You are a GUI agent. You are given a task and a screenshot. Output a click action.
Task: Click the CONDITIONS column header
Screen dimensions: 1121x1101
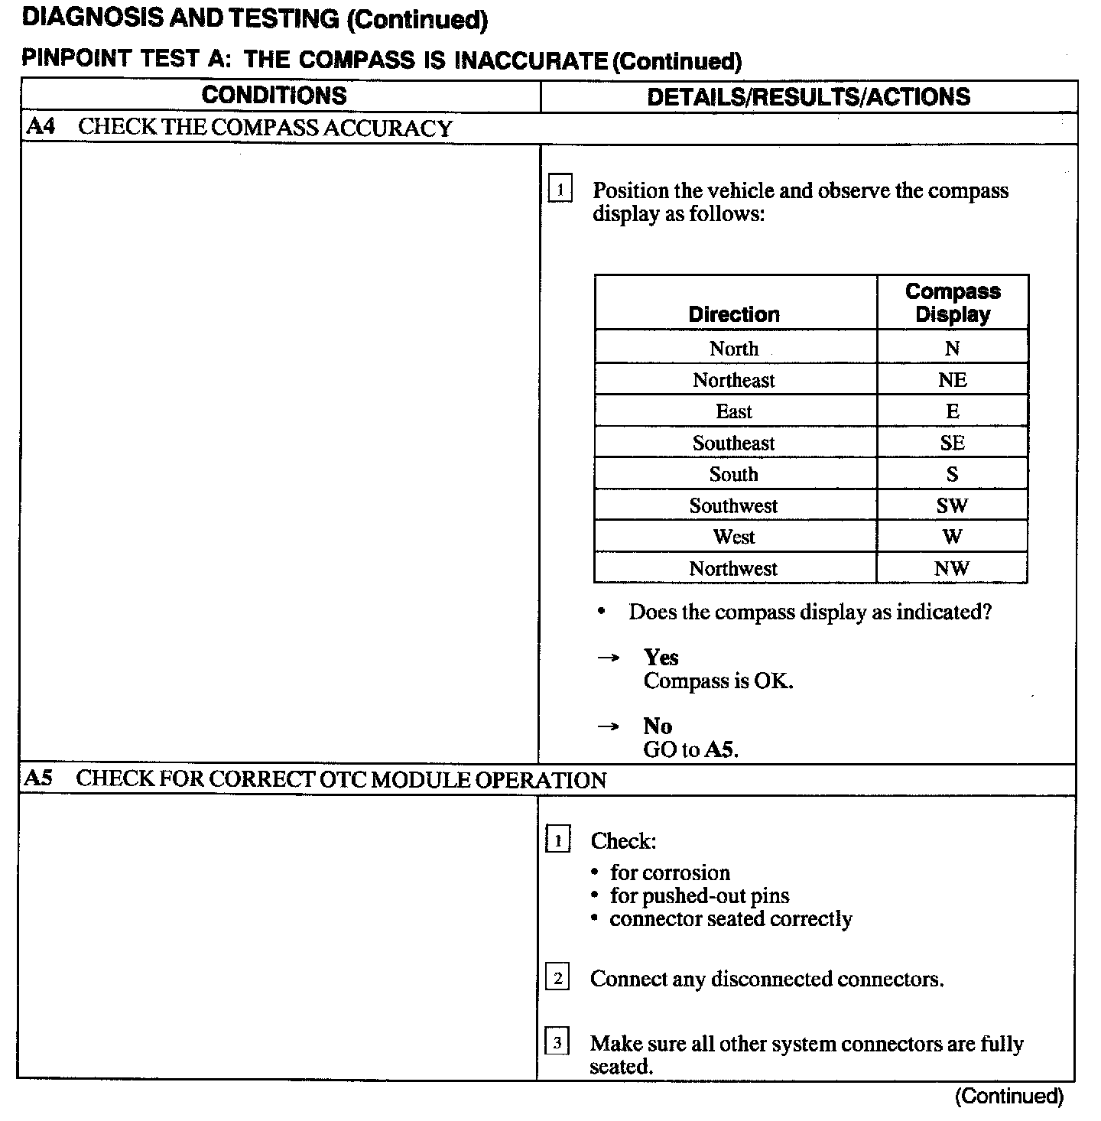[274, 96]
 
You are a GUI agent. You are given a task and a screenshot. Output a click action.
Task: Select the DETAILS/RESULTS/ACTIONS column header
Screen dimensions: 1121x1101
[808, 96]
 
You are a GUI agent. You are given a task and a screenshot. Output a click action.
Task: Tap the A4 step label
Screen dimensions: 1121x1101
[40, 127]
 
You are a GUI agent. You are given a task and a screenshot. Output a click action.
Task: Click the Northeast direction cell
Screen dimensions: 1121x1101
[734, 380]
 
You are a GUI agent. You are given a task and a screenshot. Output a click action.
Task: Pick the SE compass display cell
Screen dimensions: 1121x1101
[952, 443]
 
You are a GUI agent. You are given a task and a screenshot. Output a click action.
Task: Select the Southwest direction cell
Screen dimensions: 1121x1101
[734, 505]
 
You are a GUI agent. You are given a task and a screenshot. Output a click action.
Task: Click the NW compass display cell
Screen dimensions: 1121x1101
[952, 568]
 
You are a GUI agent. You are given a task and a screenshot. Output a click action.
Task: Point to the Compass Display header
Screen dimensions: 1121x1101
[953, 303]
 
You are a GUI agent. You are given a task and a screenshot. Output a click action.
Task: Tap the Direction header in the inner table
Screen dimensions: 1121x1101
[734, 314]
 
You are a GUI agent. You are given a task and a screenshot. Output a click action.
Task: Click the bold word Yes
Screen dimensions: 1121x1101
[661, 658]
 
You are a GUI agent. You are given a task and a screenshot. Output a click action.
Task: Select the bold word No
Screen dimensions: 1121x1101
[657, 726]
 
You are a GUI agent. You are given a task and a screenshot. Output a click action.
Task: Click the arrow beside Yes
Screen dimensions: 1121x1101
[608, 658]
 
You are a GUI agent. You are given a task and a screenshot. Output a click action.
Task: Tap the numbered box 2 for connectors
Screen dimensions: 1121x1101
[557, 978]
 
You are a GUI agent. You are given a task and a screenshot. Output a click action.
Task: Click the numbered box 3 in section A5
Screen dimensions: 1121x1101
[557, 1042]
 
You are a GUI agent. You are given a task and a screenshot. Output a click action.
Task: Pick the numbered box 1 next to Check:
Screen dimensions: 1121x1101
[557, 841]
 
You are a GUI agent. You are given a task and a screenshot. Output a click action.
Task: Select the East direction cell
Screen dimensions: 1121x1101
[734, 411]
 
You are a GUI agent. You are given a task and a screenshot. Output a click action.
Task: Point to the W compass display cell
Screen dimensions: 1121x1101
[952, 537]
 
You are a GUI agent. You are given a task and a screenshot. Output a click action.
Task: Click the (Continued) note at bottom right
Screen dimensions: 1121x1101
[1008, 1097]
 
